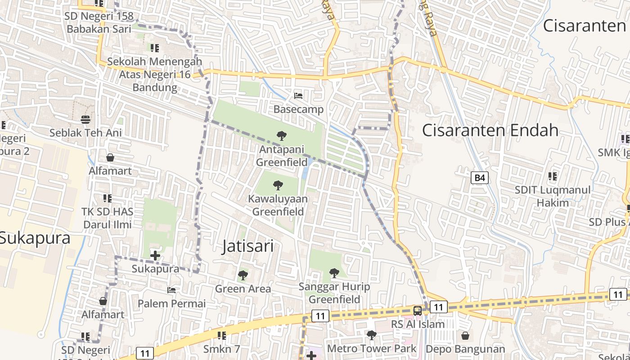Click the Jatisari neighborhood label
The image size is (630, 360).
247,247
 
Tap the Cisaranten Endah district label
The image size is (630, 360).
490,130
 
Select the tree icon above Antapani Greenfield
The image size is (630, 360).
282,135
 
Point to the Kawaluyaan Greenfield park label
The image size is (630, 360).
278,205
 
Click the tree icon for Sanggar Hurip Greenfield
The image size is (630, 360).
334,273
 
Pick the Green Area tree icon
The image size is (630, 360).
243,275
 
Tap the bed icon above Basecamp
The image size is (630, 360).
298,96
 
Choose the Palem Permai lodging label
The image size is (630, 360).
171,304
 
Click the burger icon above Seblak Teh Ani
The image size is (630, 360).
85,119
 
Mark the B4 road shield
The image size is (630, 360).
480,178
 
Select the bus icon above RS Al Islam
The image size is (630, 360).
418,310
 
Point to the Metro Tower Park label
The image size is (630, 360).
372,349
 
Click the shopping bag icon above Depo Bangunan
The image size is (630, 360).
465,336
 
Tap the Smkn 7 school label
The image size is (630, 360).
222,349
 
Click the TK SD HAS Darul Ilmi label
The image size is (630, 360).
107,218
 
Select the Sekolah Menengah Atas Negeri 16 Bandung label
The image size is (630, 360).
155,74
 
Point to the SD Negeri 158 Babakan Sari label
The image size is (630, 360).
100,23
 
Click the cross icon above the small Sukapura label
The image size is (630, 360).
155,256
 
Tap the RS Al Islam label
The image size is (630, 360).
418,324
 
